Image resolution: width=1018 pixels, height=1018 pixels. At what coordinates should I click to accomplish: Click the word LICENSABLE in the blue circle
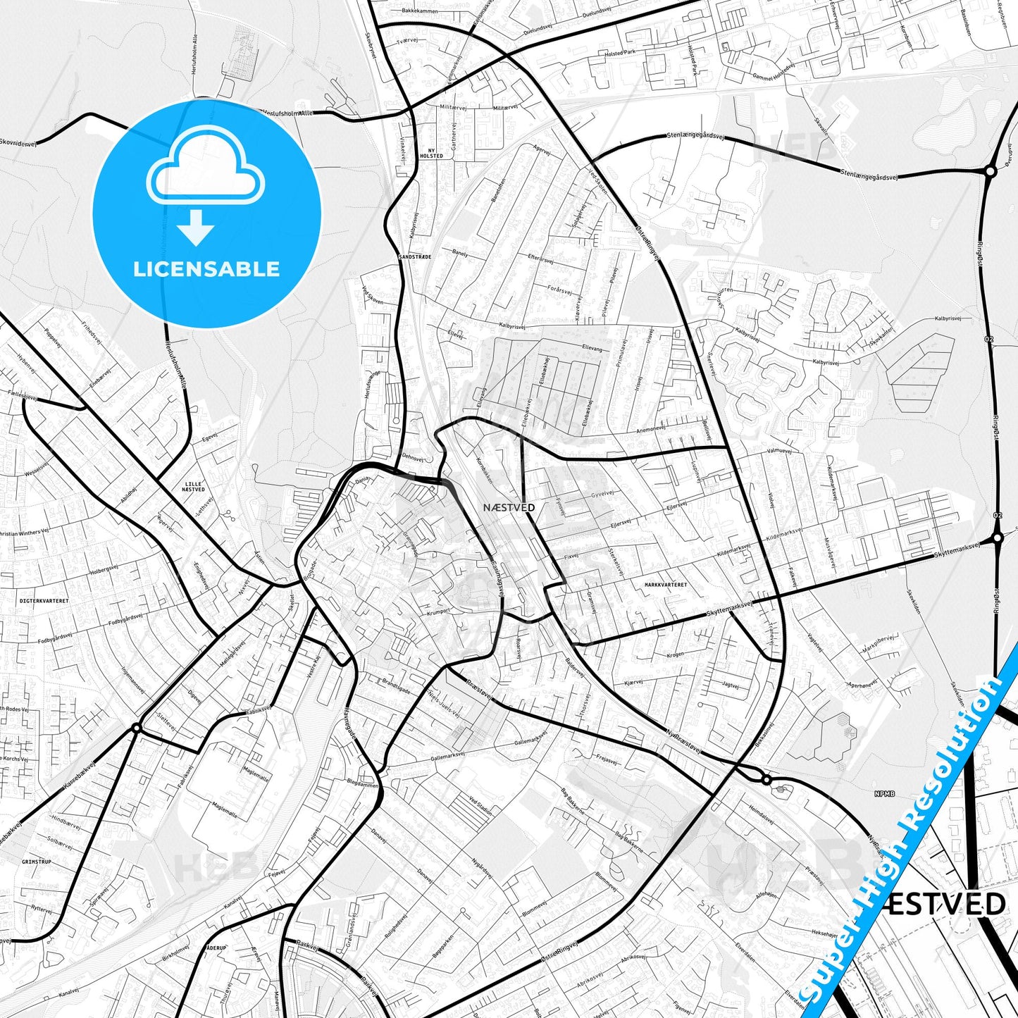pos(206,269)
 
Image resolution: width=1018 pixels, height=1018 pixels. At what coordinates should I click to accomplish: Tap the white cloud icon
pos(206,169)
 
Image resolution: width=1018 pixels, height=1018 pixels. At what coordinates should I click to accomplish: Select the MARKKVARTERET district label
pos(665,585)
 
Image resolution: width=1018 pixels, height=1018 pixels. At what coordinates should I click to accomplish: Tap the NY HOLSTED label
pos(431,152)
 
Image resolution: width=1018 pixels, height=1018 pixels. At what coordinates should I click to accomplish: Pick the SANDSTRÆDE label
pos(414,257)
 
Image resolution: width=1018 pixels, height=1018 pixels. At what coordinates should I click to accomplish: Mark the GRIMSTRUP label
pos(37,862)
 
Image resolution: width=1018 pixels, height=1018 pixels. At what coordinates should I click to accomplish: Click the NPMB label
pos(884,794)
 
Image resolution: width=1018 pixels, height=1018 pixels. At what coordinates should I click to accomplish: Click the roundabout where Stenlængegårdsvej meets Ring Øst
pos(990,170)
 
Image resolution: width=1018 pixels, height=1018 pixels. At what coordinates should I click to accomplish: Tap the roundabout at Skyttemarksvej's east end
pos(998,538)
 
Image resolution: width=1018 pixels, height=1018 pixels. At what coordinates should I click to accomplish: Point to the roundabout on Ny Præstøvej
pos(766,780)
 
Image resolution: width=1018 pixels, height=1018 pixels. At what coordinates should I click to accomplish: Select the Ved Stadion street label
pos(481,805)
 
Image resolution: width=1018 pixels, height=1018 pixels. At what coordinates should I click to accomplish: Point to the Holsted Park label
pos(620,52)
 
